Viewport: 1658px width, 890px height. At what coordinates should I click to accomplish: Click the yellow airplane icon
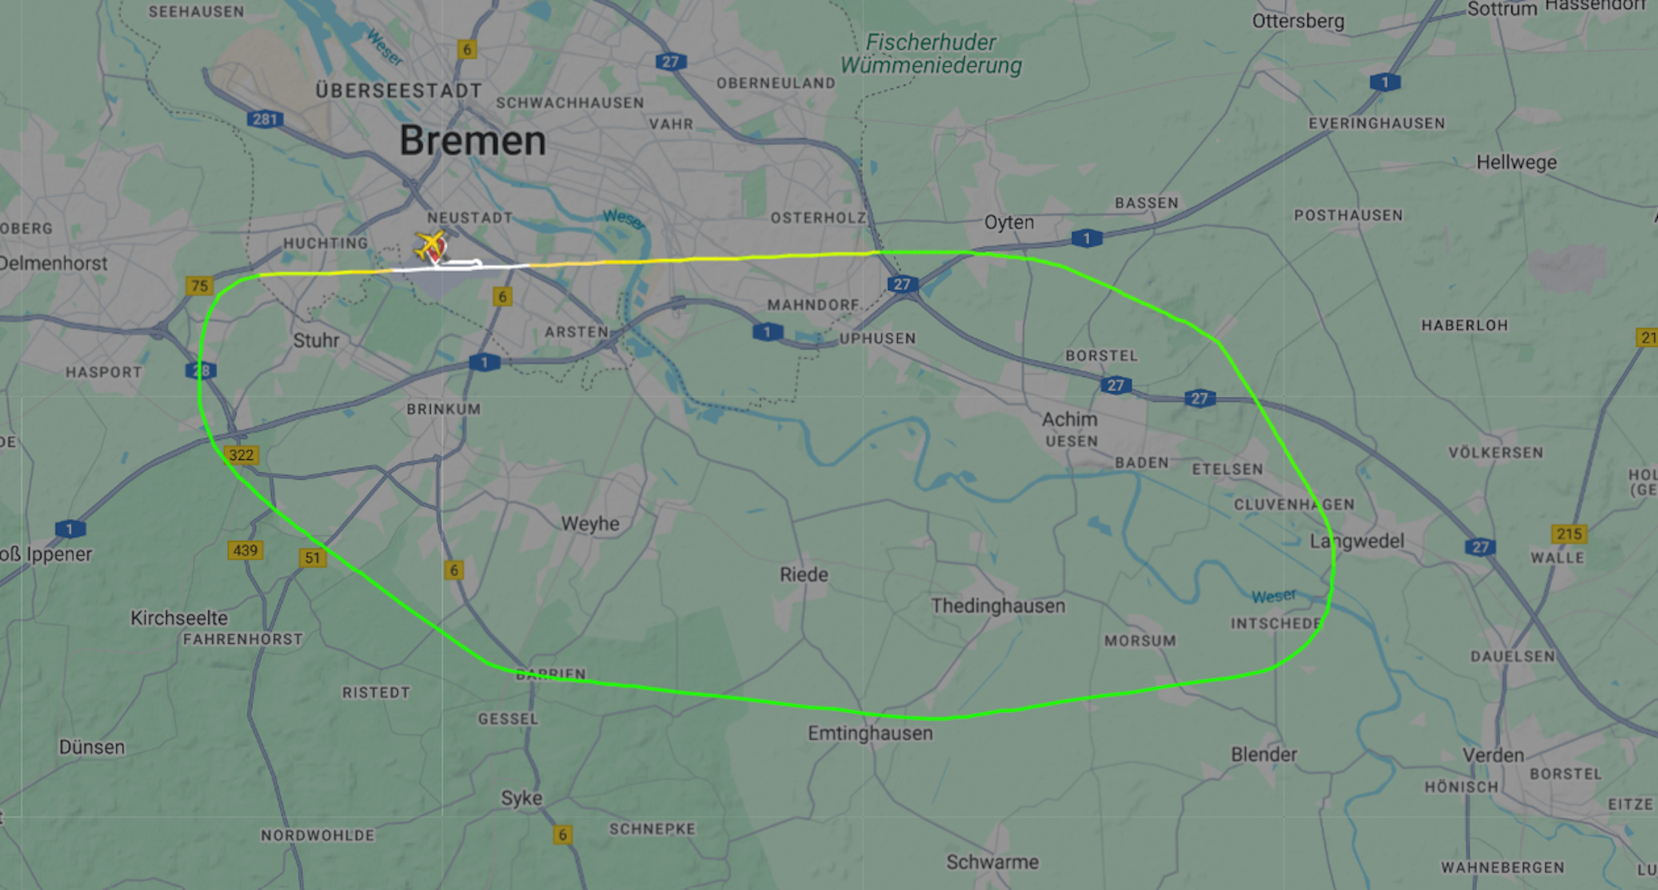point(429,244)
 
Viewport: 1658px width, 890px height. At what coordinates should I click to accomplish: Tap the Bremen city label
point(473,141)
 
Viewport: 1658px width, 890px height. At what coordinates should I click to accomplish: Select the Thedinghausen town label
point(997,606)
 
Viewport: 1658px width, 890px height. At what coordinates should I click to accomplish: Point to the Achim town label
point(1069,419)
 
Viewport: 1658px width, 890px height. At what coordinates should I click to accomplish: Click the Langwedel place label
point(1357,541)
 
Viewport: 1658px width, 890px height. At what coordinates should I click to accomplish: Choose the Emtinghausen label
point(870,733)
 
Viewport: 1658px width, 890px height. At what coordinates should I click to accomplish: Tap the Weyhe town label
point(590,524)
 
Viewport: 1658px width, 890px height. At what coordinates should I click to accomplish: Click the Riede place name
point(803,574)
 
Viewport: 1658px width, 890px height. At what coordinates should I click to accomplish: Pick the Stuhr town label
point(316,341)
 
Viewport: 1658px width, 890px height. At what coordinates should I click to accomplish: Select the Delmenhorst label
point(54,264)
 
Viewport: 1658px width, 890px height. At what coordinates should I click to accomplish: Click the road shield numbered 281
point(265,119)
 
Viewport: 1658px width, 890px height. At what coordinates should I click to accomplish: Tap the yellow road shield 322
point(241,455)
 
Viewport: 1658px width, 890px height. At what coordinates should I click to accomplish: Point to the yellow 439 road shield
point(245,550)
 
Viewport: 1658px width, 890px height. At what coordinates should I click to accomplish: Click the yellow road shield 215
point(1568,534)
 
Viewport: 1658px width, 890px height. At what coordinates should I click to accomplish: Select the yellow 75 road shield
point(200,286)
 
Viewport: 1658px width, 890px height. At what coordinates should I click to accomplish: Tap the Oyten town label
point(1009,222)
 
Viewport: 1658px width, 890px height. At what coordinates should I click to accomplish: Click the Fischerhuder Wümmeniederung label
point(931,54)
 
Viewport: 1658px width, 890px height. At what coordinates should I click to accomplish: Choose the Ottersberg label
point(1298,21)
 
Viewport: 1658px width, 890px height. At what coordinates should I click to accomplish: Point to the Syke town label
point(521,798)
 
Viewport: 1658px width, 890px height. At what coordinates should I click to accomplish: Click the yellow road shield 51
point(313,558)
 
